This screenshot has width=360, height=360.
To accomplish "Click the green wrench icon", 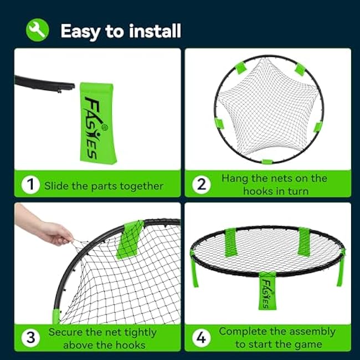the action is [38, 30].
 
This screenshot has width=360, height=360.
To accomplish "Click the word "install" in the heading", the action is [155, 31].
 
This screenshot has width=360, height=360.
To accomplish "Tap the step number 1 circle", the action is [30, 184].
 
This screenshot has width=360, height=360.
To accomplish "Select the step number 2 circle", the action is [202, 184].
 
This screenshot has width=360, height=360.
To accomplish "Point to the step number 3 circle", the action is [30, 337].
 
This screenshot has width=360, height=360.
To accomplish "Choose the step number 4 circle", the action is [202, 337].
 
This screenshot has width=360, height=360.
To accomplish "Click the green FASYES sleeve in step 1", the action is [98, 124].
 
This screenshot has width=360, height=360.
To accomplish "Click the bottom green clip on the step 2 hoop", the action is [268, 162].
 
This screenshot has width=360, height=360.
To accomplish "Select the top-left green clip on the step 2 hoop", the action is [241, 68].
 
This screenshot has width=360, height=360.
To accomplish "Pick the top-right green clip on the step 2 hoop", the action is [300, 69].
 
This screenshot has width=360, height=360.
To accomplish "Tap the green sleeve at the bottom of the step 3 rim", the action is [56, 316].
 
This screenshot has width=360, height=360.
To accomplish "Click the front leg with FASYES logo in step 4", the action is [268, 291].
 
